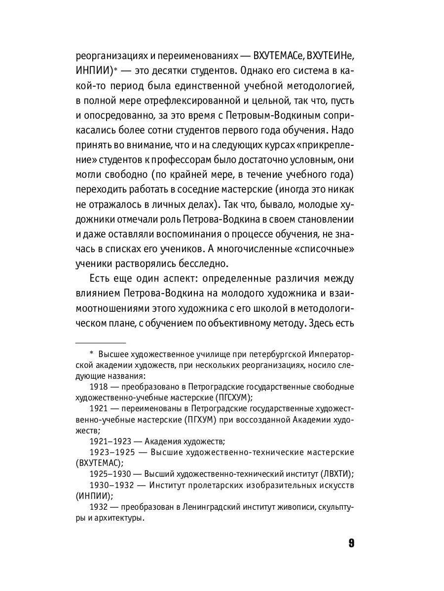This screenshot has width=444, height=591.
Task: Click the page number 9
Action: (351, 543)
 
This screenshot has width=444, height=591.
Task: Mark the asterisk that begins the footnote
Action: (91, 355)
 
